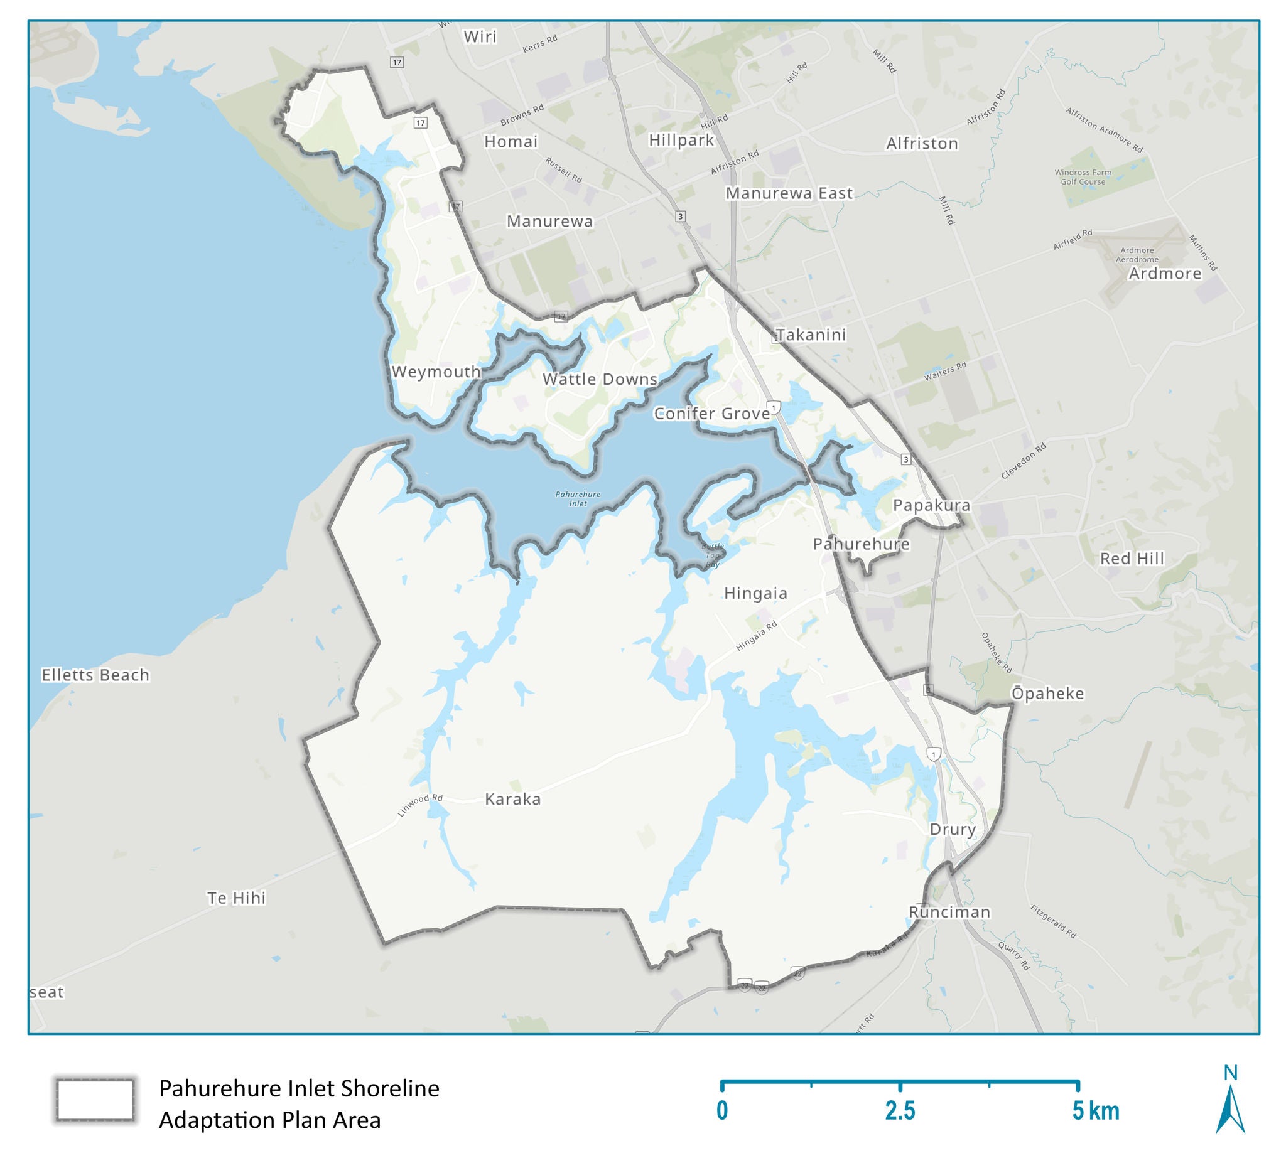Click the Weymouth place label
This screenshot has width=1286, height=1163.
[436, 371]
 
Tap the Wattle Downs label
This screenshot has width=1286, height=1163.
[600, 378]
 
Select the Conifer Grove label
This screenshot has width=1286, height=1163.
[712, 413]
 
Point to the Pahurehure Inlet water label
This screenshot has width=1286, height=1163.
[577, 498]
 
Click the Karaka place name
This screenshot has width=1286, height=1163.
[512, 799]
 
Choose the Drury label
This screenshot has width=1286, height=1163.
[953, 829]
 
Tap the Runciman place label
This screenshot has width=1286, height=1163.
[949, 912]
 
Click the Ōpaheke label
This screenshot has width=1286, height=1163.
[1047, 693]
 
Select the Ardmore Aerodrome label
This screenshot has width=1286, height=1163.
[1137, 254]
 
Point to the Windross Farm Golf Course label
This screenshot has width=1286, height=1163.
[1083, 176]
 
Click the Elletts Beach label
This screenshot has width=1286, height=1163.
[95, 675]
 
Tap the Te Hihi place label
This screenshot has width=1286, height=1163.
[236, 898]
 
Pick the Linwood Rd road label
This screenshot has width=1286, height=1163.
[419, 805]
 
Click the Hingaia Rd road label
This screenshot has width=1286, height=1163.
[757, 636]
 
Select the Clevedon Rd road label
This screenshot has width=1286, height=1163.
[1023, 461]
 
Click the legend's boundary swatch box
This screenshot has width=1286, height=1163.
[94, 1100]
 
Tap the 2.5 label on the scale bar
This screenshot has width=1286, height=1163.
[899, 1111]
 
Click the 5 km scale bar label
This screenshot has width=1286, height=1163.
[1094, 1111]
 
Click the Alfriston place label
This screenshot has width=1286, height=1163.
[922, 144]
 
